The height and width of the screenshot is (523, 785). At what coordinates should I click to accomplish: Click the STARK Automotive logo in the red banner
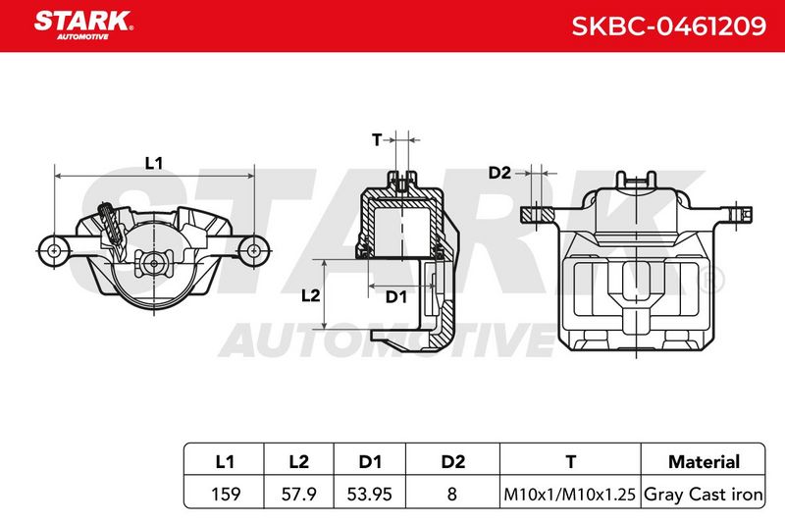pos(83,26)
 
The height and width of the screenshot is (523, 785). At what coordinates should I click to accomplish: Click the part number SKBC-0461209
pos(668,26)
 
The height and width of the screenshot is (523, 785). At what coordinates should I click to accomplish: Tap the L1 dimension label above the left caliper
pos(154,163)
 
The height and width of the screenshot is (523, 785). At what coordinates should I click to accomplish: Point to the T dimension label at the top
pos(377,139)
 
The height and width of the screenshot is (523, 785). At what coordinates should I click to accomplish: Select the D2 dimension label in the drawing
pos(499,173)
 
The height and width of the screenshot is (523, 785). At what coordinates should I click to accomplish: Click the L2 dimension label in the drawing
pos(310,295)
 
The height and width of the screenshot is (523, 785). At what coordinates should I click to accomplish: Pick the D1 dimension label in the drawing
pos(396,296)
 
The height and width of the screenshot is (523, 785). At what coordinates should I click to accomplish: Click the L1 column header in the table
pos(225,461)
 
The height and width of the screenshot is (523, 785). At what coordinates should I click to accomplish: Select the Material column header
pos(704,461)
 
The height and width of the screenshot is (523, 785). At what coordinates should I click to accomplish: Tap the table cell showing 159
pos(226,494)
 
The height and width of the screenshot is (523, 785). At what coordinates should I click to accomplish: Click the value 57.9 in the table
pos(298,494)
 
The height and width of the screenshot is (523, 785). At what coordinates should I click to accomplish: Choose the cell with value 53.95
pos(370,494)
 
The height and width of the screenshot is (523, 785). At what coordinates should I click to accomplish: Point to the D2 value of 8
pos(451,494)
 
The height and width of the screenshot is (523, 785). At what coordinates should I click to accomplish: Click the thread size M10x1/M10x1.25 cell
pos(570,495)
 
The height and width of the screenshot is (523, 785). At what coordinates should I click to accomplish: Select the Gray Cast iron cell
pos(704,495)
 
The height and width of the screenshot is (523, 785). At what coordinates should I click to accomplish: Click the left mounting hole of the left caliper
pos(54,250)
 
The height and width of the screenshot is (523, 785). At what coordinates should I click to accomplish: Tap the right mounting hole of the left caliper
pos(254,250)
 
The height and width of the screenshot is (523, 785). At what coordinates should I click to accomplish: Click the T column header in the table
pos(570,461)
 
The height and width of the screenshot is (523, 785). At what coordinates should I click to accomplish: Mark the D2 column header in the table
pos(453,461)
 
